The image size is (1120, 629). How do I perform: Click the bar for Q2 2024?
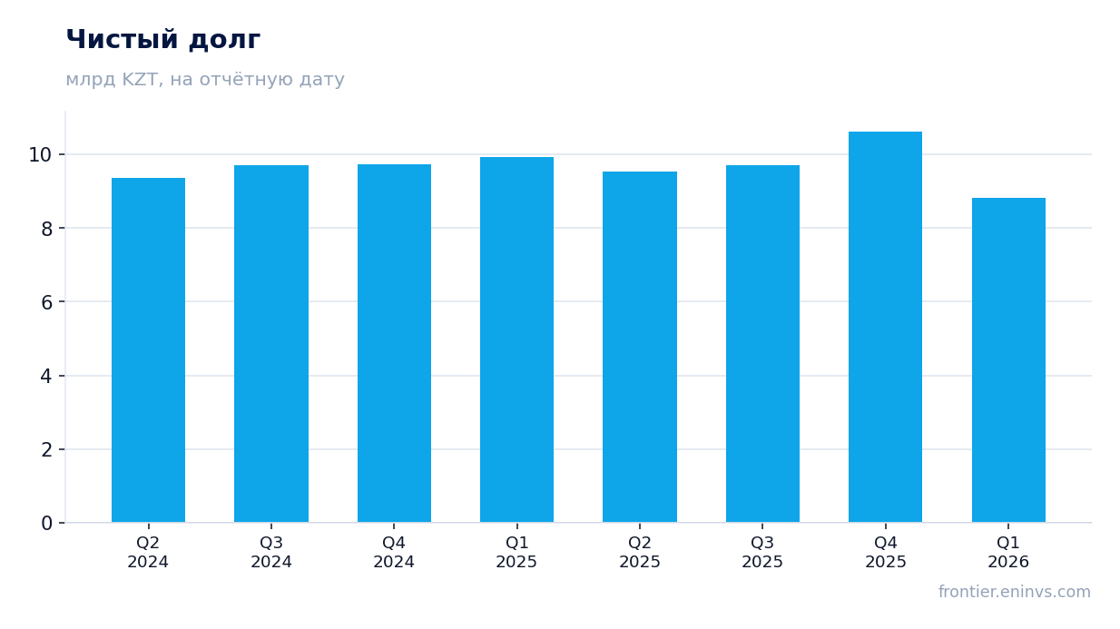tap(148, 350)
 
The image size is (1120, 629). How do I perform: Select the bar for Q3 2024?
tap(271, 343)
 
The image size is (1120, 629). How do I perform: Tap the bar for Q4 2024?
tap(394, 343)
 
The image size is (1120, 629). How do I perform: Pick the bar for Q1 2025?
tap(516, 339)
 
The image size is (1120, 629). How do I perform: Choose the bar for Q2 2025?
tap(640, 347)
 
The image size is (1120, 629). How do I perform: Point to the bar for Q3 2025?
tap(762, 343)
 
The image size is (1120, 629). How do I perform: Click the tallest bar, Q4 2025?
tap(885, 327)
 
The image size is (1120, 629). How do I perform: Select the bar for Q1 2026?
tap(1008, 360)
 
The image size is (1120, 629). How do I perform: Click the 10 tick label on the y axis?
tap(40, 155)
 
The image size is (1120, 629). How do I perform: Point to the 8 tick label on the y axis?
tap(46, 229)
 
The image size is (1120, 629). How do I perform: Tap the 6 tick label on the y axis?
tap(46, 302)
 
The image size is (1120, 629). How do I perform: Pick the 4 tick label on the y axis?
tap(46, 377)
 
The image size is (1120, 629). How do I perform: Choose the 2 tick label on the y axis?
tap(46, 450)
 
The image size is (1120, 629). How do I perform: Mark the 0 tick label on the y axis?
tap(46, 524)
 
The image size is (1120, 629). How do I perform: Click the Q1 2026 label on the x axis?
tap(1008, 552)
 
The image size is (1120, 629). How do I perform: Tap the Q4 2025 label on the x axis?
tap(886, 552)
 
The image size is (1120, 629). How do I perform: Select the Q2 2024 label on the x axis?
tap(148, 552)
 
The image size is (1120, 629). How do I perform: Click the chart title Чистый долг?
tap(163, 40)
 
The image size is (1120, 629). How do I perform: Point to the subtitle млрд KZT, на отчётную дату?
tap(205, 80)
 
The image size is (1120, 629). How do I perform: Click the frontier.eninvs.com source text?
tap(1015, 592)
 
